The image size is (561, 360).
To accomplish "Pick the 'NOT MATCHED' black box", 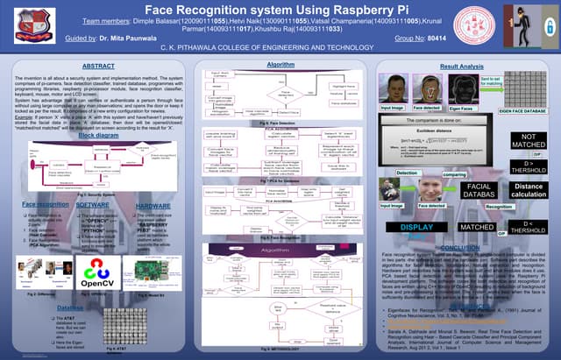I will (x=528, y=142).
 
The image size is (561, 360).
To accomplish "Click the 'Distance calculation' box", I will (x=528, y=190).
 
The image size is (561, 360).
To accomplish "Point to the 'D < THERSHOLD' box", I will (x=528, y=229).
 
